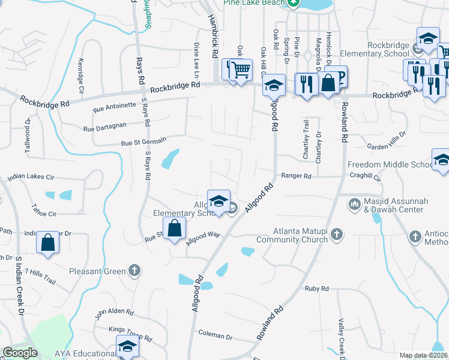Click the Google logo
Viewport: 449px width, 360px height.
20,353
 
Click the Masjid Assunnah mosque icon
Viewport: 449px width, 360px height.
355,205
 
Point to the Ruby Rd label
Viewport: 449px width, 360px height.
317,289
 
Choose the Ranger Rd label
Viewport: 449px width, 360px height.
297,176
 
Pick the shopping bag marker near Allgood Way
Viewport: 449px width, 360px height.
174,229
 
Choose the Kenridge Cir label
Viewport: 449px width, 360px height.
81,72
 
